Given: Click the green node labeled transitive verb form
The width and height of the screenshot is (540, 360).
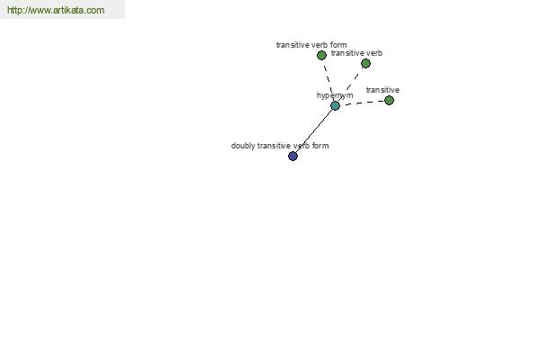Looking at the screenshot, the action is point(321,55).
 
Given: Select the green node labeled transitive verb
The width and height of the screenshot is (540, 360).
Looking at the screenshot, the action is point(365,63).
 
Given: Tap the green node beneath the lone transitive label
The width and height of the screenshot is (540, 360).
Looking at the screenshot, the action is point(389,100).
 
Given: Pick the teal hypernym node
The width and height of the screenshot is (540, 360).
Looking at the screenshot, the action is point(335,106).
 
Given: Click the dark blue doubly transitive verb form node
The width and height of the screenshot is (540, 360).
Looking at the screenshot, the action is point(292,156).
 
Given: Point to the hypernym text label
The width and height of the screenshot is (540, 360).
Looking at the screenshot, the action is point(335,95).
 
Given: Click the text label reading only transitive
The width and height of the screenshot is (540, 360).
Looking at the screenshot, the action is point(382,90).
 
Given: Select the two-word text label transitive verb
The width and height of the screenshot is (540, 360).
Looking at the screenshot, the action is point(356,53).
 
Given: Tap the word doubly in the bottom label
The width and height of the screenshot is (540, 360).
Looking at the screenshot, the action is point(243,146).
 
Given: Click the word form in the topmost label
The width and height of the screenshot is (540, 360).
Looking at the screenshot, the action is point(338,45).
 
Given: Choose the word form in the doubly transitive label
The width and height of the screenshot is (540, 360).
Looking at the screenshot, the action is point(320,146).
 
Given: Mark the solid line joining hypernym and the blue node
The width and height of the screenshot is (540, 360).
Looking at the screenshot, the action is point(314,130).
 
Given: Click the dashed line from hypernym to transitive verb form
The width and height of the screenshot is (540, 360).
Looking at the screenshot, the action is point(328,80).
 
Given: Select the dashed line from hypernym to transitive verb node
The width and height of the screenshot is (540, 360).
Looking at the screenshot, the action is point(350,85).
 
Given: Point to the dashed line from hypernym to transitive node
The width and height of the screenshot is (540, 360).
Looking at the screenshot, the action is point(362,103).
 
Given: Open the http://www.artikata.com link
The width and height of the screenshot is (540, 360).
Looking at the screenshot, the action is point(56,10).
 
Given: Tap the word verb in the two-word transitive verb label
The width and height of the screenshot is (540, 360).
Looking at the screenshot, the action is point(374,53).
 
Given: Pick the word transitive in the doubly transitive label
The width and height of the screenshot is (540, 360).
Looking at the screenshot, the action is point(274,146).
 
